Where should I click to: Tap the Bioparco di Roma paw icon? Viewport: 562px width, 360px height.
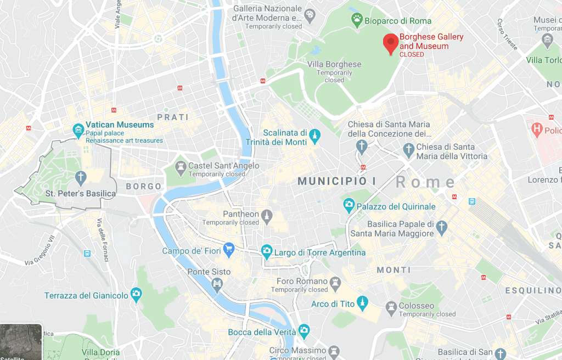356,21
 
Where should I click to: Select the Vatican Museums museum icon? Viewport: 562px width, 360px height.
78,130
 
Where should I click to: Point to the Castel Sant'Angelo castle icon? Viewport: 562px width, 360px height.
180,166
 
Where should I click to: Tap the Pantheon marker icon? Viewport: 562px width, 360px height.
267,214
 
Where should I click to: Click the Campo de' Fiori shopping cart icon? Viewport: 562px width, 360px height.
229,251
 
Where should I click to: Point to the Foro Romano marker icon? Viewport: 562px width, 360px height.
335,282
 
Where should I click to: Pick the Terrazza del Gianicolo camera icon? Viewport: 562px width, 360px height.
136,295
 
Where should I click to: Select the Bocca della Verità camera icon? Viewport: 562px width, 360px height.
304,331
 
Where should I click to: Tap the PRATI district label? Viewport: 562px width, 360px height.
173,117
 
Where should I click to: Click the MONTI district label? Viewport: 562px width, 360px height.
394,270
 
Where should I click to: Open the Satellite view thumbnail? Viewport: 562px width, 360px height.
21,342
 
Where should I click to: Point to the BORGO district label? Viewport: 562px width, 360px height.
143,187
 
